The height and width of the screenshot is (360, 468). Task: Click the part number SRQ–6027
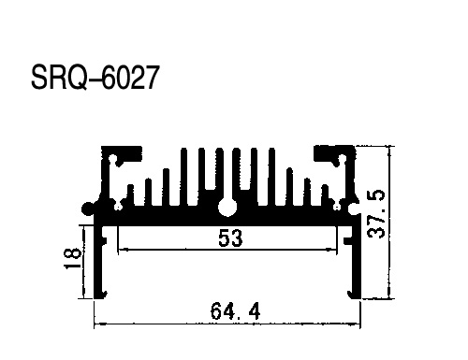tap(95, 77)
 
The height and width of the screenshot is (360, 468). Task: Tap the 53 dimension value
tap(230, 238)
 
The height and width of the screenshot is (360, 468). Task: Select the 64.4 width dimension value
tap(235, 311)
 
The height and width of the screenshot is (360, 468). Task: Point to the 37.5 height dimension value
tap(376, 214)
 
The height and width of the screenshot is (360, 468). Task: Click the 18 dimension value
tap(73, 258)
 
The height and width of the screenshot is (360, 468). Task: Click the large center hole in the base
tap(227, 208)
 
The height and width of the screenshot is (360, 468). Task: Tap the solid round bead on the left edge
tap(88, 209)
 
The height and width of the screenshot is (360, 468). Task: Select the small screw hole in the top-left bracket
tap(113, 159)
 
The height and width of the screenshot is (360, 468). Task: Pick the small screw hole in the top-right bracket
tap(343, 159)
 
